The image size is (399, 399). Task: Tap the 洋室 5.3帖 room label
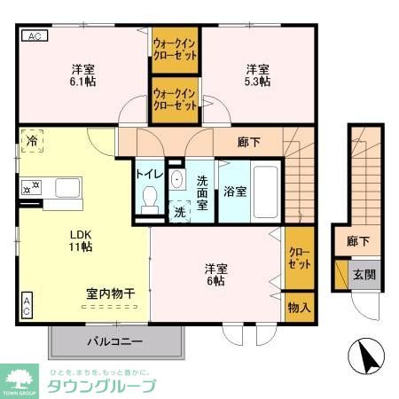click(258, 75)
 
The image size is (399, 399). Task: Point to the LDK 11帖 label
click(82, 242)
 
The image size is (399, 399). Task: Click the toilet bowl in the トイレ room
click(149, 195)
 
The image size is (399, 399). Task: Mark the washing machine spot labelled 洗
click(180, 211)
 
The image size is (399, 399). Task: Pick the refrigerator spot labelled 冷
click(32, 141)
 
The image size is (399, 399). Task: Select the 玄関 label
click(364, 274)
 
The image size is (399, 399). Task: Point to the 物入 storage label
click(299, 308)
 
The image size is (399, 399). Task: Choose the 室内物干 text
click(110, 293)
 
